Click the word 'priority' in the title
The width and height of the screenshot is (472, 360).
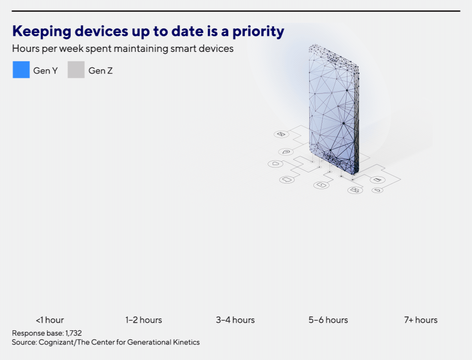point(258,32)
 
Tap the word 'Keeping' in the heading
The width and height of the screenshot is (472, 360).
point(42,32)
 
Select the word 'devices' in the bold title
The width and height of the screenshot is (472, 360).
point(101,31)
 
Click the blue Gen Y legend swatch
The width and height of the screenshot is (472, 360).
point(21,69)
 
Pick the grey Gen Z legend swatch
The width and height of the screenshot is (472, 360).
point(76,69)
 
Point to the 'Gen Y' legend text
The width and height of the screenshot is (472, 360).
point(45,71)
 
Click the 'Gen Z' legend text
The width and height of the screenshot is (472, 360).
point(101,71)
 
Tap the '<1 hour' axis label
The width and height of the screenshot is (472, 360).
point(50,320)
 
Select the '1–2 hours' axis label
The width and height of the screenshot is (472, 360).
point(143,320)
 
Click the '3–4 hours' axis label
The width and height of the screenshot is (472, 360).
point(236,320)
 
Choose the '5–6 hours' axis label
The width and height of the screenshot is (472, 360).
point(328,320)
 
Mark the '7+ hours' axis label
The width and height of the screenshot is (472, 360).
point(421,320)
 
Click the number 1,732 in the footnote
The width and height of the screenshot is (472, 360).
point(74,333)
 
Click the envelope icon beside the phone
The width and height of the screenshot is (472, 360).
point(281,134)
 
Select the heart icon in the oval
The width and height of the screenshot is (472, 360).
point(276,164)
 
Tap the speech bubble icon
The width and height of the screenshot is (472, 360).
point(287,180)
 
